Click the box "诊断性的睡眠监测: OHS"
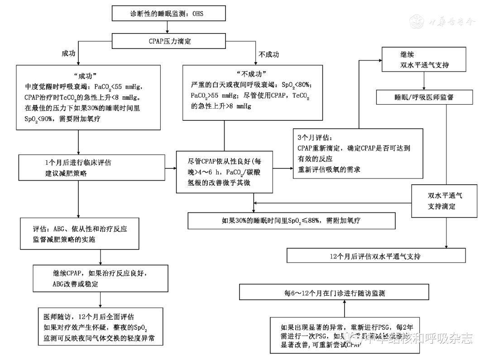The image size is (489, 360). tap(168, 14)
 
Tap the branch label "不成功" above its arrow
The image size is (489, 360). tap(268, 54)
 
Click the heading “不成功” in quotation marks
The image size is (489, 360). tap(251, 74)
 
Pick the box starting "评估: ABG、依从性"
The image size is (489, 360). tap(79, 234)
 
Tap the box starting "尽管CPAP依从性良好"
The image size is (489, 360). tap(225, 172)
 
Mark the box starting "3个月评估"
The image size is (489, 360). tap(358, 154)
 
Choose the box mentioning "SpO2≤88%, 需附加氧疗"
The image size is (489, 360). tap(292, 221)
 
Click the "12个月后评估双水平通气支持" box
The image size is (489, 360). tap(376, 256)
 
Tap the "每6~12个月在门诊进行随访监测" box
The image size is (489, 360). tap(335, 293)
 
